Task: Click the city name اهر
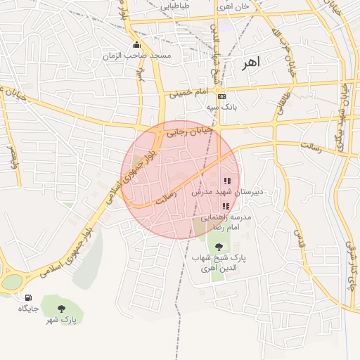pyautogui.click(x=250, y=63)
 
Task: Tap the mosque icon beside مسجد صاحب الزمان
pyautogui.click(x=136, y=45)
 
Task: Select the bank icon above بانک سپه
pyautogui.click(x=222, y=96)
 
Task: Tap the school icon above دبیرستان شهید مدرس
pyautogui.click(x=226, y=181)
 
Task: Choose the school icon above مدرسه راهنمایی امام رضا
pyautogui.click(x=226, y=207)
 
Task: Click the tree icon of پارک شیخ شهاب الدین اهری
pyautogui.click(x=219, y=247)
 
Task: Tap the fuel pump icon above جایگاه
pyautogui.click(x=28, y=297)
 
